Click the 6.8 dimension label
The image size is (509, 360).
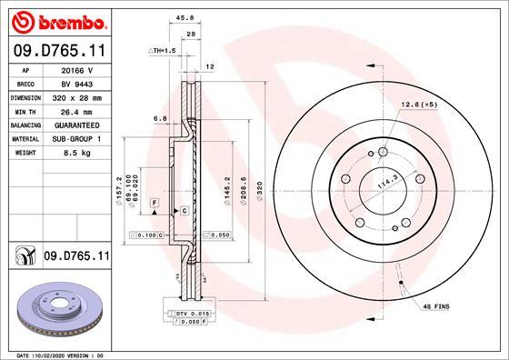pyautogui.click(x=161, y=118)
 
